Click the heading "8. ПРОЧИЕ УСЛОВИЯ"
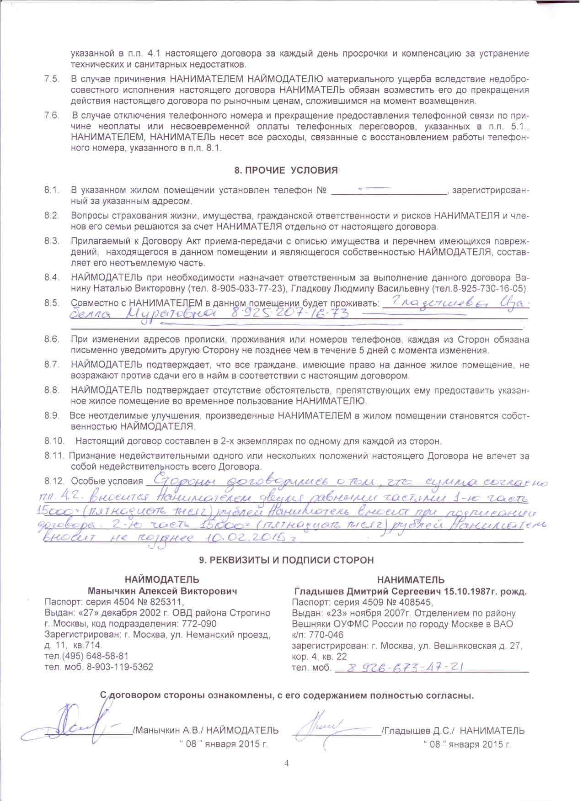click(286, 170)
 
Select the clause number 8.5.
click(52, 302)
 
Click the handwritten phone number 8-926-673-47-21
click(406, 668)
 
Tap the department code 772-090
click(196, 624)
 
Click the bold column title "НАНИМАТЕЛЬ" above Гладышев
click(410, 580)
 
